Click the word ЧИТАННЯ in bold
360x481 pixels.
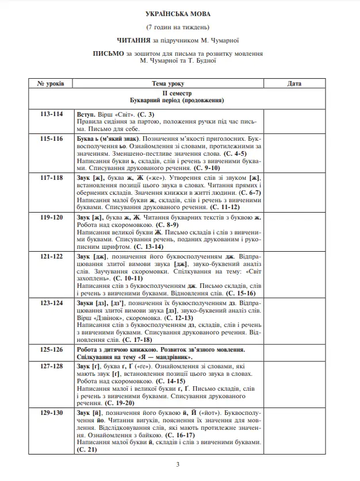(132, 40)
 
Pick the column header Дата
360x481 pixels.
(294, 84)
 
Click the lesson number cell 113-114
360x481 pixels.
(51, 114)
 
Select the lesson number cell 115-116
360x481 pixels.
(51, 139)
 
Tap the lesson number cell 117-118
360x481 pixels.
(51, 178)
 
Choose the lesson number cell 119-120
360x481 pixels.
(51, 218)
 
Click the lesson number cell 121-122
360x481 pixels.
(51, 256)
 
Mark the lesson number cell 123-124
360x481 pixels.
(51, 303)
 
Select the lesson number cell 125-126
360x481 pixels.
(51, 349)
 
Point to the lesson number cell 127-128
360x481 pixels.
(51, 367)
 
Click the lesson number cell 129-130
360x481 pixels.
(51, 413)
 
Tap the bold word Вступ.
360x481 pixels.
(86, 114)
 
